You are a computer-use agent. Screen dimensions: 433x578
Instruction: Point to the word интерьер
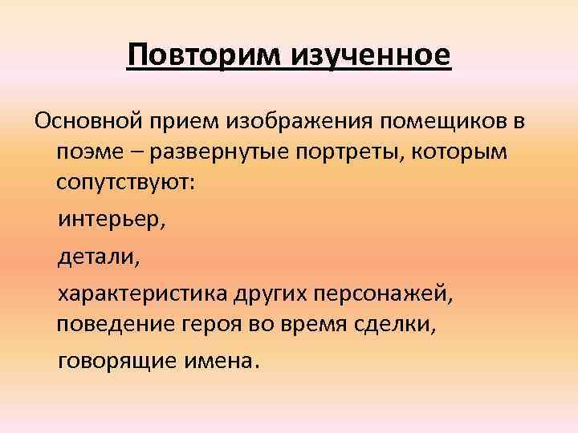click(x=111, y=219)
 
